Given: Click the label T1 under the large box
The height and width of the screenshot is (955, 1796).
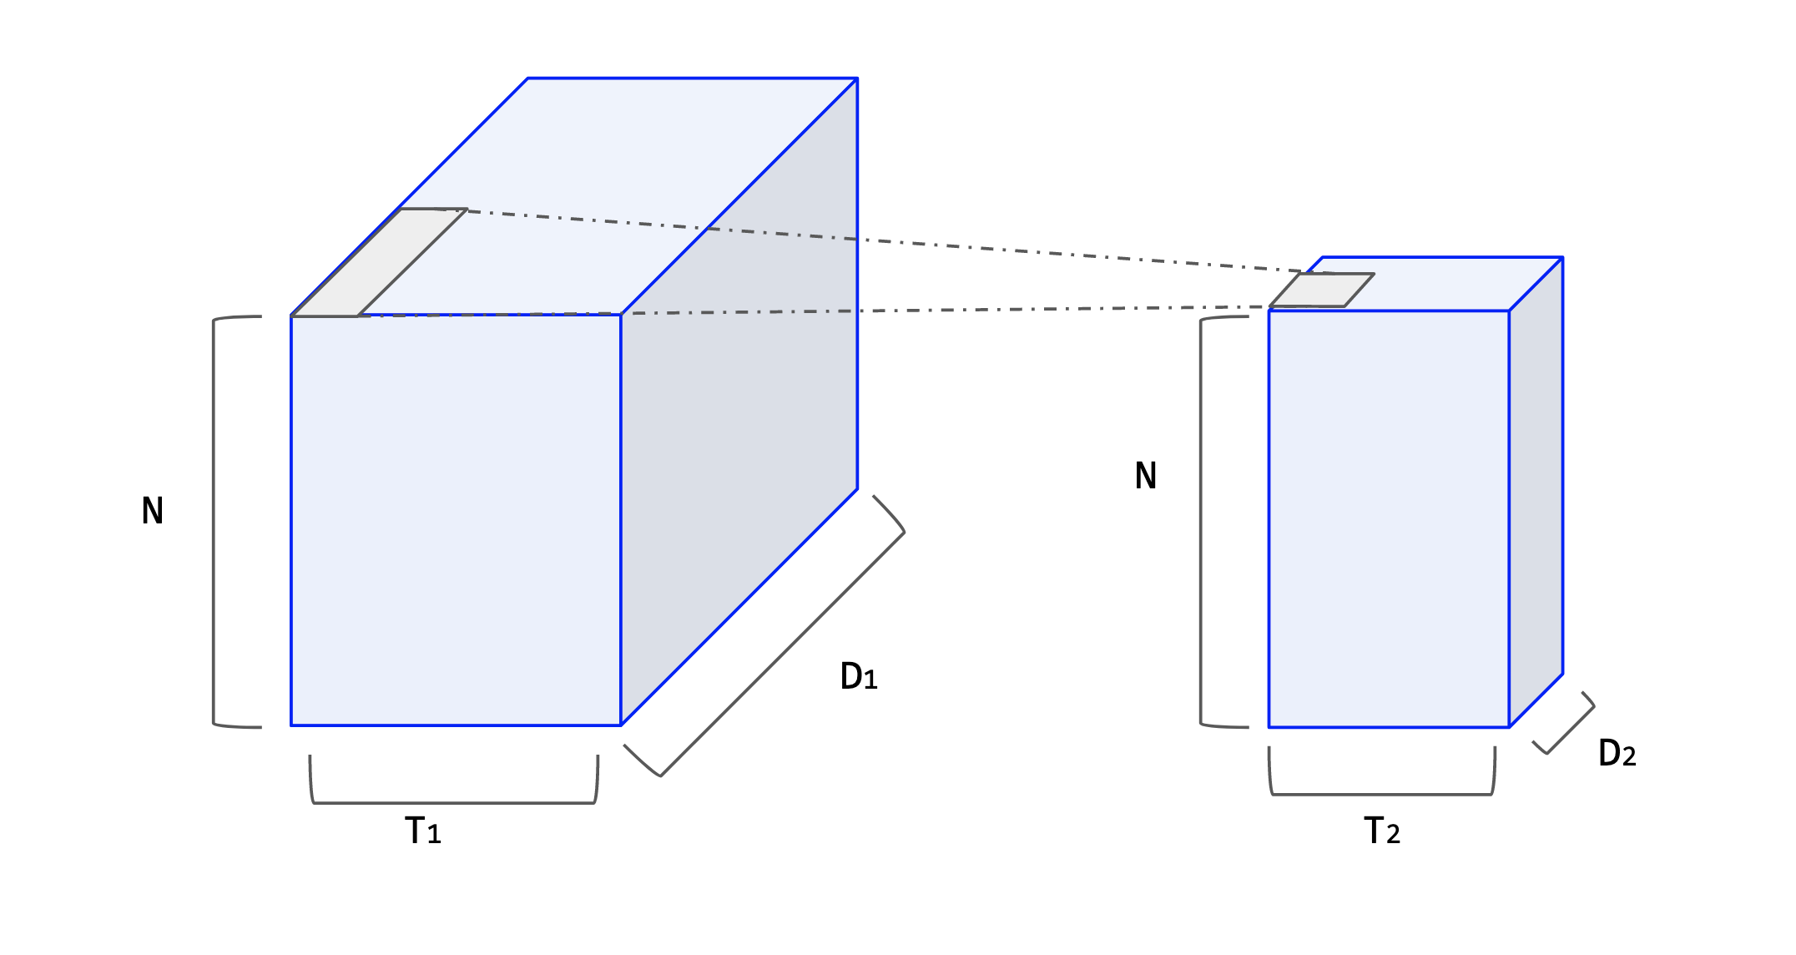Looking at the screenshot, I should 423,831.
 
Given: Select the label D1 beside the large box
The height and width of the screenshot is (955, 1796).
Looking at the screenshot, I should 859,677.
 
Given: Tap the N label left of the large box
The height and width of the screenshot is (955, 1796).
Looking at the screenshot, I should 152,511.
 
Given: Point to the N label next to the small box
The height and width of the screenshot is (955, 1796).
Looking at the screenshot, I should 1146,476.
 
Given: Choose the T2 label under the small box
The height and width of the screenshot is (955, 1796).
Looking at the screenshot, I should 1382,831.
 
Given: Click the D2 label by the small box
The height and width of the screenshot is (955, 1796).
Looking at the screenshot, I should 1617,754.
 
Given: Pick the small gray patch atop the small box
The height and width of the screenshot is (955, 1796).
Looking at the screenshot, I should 1322,291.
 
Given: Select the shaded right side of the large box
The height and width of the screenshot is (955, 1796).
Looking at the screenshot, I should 739,401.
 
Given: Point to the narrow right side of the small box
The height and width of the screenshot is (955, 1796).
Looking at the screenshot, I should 1536,493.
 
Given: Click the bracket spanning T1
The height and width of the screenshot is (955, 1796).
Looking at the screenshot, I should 454,802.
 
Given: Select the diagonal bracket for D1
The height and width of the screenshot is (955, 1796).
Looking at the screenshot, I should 783,654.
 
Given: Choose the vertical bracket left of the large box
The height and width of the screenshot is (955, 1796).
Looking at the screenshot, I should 214,522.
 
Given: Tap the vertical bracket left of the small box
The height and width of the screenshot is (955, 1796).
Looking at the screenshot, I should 1201,522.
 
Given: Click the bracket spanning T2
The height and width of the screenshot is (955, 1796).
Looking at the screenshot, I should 1382,793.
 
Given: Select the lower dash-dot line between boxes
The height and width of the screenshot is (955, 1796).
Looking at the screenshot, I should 918,311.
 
